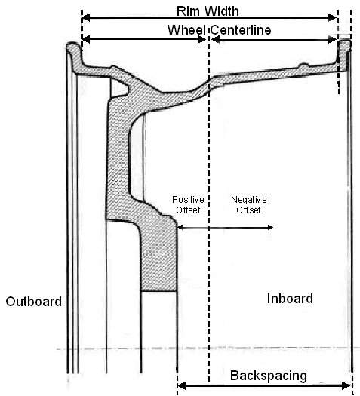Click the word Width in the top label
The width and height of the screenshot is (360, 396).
(x=222, y=11)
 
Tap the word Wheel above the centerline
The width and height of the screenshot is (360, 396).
(x=186, y=30)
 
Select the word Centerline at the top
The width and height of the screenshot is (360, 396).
(x=241, y=30)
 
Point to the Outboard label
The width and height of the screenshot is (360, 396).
(x=34, y=302)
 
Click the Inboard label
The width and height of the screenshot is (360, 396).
(x=290, y=299)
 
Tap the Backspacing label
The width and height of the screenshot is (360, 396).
(x=269, y=376)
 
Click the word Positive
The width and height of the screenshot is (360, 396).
(x=188, y=200)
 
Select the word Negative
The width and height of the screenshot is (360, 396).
(x=249, y=200)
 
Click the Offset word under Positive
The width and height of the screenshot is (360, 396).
(x=188, y=210)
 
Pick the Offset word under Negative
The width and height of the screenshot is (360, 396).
(x=248, y=210)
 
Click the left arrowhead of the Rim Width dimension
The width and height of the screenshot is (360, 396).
(x=85, y=18)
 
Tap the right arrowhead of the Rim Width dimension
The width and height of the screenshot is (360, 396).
(x=333, y=17)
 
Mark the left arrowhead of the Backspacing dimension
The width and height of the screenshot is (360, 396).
(x=182, y=385)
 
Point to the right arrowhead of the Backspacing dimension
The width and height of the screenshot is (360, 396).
(x=346, y=385)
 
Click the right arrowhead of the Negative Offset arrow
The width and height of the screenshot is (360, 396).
(x=270, y=227)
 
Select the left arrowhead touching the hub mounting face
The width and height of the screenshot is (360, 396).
(x=180, y=227)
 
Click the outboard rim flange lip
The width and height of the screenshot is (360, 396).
(x=73, y=48)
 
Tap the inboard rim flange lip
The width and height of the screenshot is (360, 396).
(x=345, y=45)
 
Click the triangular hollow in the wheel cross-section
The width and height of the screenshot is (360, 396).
(x=118, y=87)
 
